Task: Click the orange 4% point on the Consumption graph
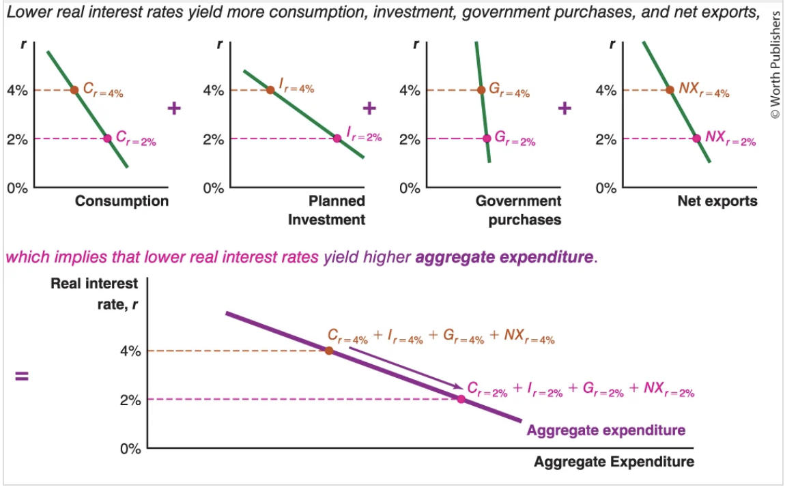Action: click(74, 90)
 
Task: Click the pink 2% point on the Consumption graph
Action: click(107, 138)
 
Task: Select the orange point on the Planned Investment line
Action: click(270, 90)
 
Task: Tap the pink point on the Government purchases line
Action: click(487, 138)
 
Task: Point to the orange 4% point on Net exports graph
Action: click(670, 90)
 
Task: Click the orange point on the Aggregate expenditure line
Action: click(329, 351)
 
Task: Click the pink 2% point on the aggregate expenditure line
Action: click(461, 399)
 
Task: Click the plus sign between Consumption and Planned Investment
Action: click(174, 108)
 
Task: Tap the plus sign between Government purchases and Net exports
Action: click(565, 108)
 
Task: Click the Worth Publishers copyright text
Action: click(775, 65)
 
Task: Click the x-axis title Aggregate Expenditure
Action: click(614, 462)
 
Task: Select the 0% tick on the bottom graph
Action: click(130, 449)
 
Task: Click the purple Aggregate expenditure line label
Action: click(605, 430)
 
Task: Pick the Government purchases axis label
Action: click(518, 210)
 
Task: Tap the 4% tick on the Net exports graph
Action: click(606, 90)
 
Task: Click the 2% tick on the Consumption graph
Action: click(17, 139)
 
